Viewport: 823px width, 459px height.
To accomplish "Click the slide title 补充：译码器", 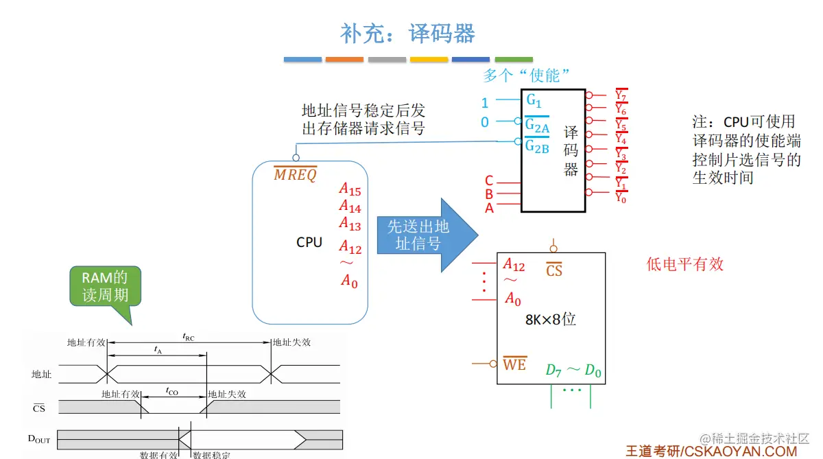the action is pyautogui.click(x=408, y=34).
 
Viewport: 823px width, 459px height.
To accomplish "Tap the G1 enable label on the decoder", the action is pyautogui.click(x=534, y=100).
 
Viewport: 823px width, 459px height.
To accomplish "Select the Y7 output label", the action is pyautogui.click(x=621, y=95).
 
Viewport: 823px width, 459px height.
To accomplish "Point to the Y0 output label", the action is pyautogui.click(x=621, y=198).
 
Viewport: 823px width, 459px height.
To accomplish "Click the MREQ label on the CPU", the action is pyautogui.click(x=295, y=174).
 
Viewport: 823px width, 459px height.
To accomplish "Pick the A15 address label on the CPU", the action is pyautogui.click(x=350, y=189).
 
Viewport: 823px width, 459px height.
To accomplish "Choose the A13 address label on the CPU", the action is pyautogui.click(x=350, y=224).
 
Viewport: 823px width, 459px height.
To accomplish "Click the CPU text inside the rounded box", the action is pyautogui.click(x=309, y=242).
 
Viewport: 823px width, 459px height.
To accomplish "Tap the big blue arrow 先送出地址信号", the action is pyautogui.click(x=427, y=235).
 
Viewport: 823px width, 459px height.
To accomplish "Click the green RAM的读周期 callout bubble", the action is pyautogui.click(x=106, y=286).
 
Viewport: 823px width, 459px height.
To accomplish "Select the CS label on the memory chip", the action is pyautogui.click(x=554, y=270).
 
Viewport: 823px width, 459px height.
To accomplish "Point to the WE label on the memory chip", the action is pyautogui.click(x=515, y=364).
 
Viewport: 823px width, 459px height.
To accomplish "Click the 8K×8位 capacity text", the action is pyautogui.click(x=550, y=319).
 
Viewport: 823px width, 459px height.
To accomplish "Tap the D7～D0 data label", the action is pyautogui.click(x=573, y=370).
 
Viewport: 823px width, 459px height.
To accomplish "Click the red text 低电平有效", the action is pyautogui.click(x=685, y=264).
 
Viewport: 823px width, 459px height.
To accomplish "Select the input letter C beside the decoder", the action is pyautogui.click(x=488, y=180).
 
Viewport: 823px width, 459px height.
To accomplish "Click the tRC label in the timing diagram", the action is pyautogui.click(x=189, y=337).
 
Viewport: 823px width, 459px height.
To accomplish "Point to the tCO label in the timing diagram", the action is pyautogui.click(x=171, y=391).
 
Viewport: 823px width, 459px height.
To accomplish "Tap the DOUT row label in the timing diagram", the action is pyautogui.click(x=39, y=439).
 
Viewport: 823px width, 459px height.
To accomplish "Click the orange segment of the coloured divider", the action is pyautogui.click(x=344, y=59).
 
